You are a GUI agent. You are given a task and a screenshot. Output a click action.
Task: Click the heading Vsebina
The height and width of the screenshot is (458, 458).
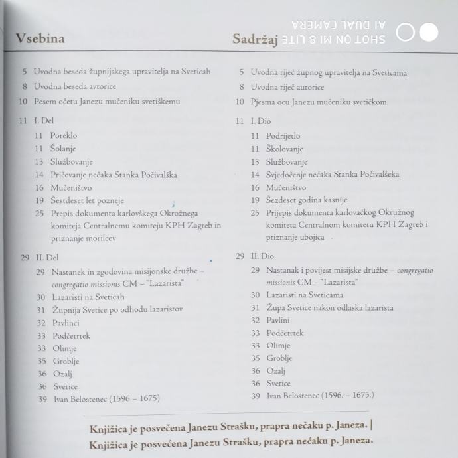[40, 38]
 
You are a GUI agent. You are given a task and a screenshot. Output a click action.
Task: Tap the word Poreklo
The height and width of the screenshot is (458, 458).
[64, 136]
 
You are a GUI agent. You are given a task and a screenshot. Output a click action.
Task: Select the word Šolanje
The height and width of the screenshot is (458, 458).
[63, 149]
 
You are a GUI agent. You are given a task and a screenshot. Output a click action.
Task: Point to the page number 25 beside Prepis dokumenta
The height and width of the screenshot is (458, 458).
[40, 214]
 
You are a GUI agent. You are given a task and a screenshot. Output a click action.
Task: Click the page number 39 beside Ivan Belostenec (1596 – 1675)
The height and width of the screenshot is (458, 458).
[42, 399]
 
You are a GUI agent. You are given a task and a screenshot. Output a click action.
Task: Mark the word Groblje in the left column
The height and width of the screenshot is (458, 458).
[66, 361]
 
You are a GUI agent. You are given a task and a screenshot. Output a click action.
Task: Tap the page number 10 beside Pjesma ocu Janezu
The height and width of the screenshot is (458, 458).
[240, 102]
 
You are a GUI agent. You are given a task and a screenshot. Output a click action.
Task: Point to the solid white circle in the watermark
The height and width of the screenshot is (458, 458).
[429, 32]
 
